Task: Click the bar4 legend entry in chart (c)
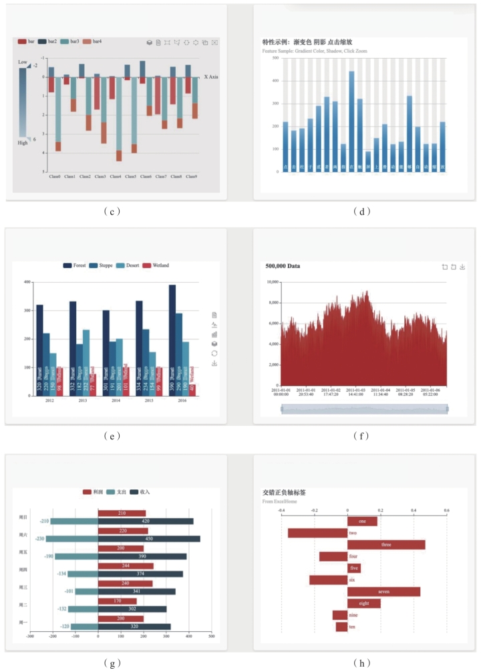pyautogui.click(x=93, y=41)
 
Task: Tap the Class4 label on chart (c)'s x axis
pyautogui.click(x=116, y=177)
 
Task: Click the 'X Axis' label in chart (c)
pyautogui.click(x=212, y=77)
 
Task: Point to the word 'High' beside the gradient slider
pyautogui.click(x=23, y=143)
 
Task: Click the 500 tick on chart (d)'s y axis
pyautogui.click(x=275, y=58)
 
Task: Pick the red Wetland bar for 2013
pyautogui.click(x=92, y=384)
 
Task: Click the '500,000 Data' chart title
pyautogui.click(x=283, y=266)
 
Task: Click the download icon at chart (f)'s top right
pyautogui.click(x=462, y=267)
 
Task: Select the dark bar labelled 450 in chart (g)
pyautogui.click(x=149, y=539)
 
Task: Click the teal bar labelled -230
pyautogui.click(x=72, y=539)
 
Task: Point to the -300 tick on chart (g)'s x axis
pyautogui.click(x=30, y=637)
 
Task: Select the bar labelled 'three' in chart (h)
pyautogui.click(x=386, y=545)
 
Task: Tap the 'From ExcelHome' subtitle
pyautogui.click(x=280, y=501)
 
